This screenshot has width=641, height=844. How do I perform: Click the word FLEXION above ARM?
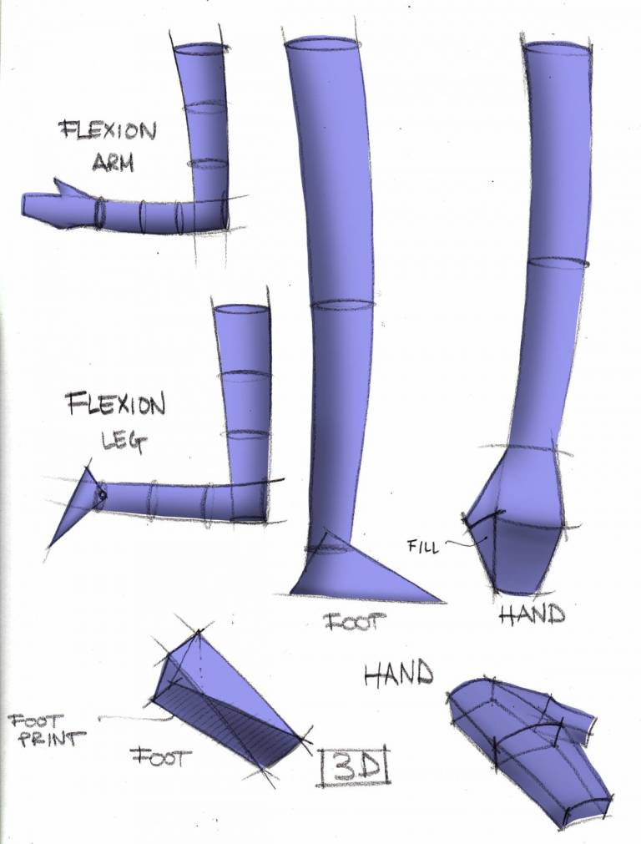(x=107, y=132)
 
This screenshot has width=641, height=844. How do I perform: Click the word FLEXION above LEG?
(x=116, y=407)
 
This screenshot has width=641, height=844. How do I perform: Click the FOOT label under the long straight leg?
(x=350, y=621)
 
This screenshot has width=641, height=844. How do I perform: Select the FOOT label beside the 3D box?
(x=161, y=757)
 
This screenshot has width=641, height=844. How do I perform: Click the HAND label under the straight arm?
(x=532, y=615)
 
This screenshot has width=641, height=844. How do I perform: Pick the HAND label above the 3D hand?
(x=399, y=673)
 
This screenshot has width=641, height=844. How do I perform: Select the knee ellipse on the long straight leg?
(x=342, y=305)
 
